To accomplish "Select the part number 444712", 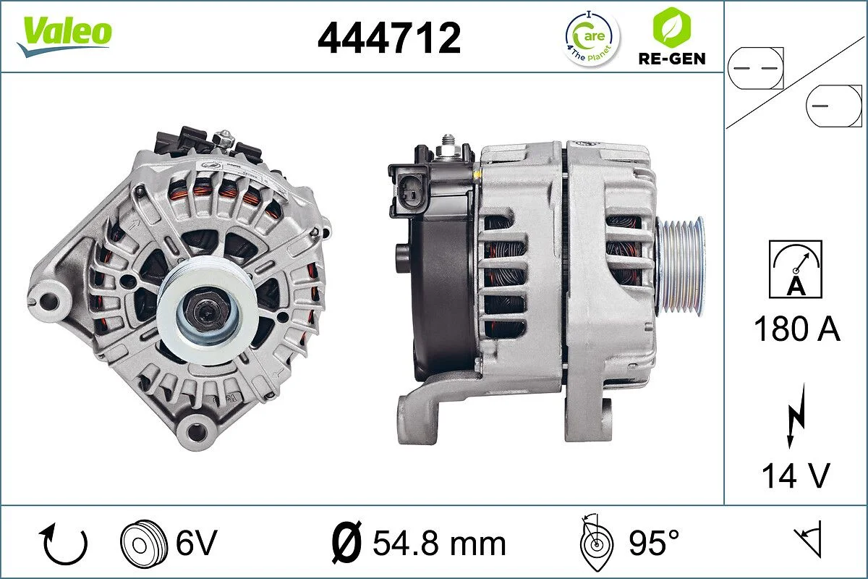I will coord(389,38).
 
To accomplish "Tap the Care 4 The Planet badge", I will coord(592,38).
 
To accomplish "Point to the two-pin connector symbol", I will coord(755,67).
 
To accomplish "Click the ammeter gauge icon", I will coord(796,269).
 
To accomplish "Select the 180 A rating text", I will coord(796,329).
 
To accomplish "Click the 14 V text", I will coord(796,476).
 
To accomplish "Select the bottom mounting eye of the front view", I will coord(195,432).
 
